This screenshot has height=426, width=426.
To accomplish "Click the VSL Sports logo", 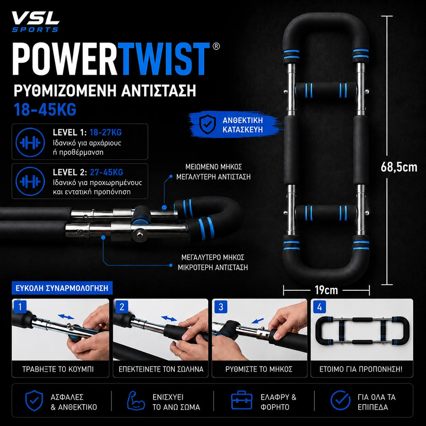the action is point(35,22).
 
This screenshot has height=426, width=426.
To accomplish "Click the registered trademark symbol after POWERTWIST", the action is point(216,46).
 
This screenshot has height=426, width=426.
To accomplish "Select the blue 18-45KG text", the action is point(45,109).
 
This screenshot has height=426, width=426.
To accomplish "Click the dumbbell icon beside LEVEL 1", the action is point(30,142).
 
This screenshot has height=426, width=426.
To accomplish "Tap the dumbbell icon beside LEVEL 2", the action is point(30,181).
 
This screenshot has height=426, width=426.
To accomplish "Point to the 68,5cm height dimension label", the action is point(399,167).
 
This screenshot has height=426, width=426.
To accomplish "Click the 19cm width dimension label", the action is point(326,290).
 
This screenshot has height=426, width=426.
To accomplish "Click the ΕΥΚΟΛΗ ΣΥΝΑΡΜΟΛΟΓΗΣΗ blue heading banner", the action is point(62,288).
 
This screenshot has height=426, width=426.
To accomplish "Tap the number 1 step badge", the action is point(20,307).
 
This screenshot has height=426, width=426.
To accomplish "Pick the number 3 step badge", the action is point(220,307).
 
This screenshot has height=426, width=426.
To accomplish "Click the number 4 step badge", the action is point(319,307).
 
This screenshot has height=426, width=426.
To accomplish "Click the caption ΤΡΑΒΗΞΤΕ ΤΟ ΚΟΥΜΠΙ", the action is point(58,369).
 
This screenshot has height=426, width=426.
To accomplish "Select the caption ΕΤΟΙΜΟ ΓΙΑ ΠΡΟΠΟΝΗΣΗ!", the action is point(361,369).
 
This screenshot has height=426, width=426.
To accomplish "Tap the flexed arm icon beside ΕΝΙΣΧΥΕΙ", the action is point(136,400).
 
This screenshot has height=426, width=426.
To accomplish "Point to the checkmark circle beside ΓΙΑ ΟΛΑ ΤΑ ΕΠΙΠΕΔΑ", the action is point(340,400).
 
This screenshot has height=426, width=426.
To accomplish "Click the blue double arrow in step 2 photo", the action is point(169,318).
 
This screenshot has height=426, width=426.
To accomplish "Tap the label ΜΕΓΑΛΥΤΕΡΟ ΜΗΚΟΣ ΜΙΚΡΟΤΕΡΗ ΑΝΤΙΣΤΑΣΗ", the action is point(213,262).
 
